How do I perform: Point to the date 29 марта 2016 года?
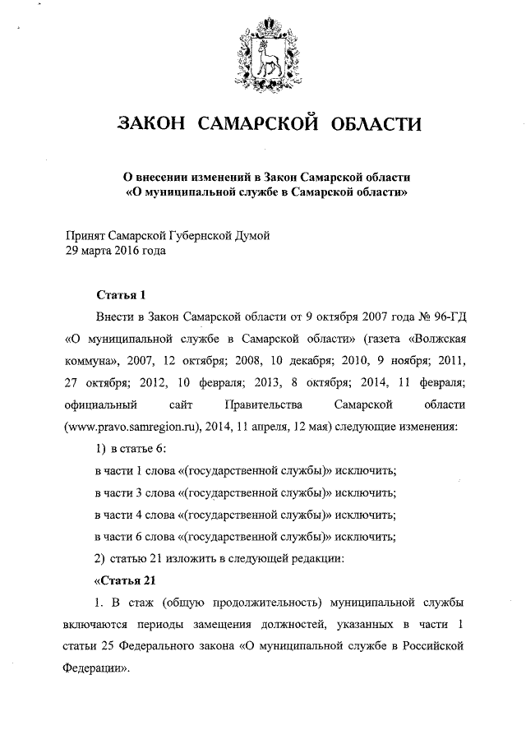[115, 252]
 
